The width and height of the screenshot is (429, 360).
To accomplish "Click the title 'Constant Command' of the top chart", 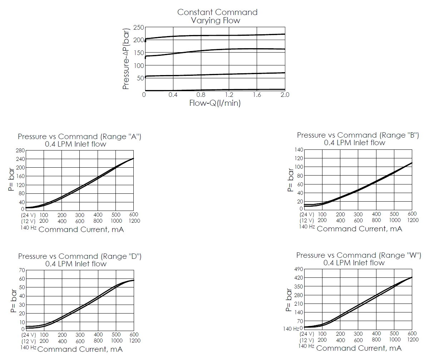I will pos(217,12).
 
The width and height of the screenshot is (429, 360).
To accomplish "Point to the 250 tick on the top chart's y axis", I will pos(138,28).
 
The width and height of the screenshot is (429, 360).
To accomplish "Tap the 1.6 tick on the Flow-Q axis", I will pos(257,95).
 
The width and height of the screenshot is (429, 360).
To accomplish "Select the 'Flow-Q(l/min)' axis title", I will pos(214,103).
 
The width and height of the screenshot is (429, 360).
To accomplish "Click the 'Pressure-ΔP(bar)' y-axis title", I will pos(126,59).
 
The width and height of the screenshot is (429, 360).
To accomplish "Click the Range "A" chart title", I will pos(79,137).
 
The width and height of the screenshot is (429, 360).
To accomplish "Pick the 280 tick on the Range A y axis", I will pos(20,151).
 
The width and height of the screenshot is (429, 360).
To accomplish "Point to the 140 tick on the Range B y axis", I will pos(299,150).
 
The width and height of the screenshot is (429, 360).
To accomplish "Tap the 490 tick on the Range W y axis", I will pos(299,269).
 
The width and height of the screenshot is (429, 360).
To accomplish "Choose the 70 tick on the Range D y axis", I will pos(22,270).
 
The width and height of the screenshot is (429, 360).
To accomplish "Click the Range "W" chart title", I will pos(358,255).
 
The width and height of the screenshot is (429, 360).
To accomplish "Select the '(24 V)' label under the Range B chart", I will pos(307,214).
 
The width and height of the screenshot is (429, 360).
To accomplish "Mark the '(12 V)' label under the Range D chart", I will pos(28,341).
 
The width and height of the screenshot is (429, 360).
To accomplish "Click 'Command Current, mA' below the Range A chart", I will pos(81,230).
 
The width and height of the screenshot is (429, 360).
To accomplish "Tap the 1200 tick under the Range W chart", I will pos(413,340).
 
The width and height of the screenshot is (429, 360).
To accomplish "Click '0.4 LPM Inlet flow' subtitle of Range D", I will pos(76,264).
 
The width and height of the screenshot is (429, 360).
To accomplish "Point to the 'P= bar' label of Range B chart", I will pos(291,179).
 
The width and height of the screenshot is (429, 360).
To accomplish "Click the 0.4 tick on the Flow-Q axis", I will pos(173,95).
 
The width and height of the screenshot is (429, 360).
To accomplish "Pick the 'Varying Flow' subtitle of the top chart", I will pos(216,20).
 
